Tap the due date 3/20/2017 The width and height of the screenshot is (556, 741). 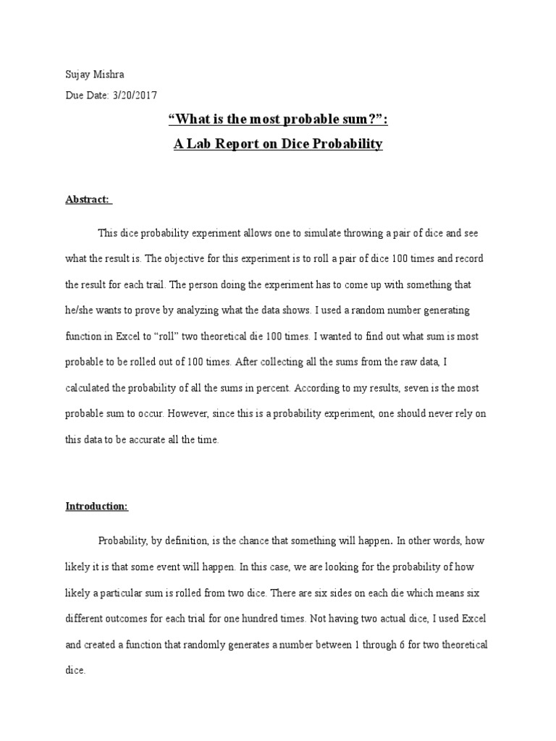(135, 95)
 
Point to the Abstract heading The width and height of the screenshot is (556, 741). (88, 199)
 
